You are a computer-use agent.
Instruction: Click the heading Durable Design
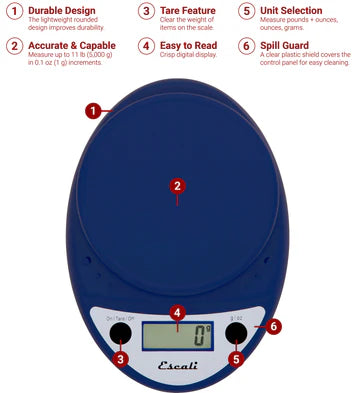61,11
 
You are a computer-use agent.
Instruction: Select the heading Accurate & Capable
72,46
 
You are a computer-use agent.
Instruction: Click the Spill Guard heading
284,46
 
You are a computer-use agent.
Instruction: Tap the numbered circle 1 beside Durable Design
14,12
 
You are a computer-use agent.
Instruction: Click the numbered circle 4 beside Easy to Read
146,46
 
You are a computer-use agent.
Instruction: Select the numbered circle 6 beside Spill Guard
245,46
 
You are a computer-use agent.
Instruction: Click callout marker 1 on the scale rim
93,110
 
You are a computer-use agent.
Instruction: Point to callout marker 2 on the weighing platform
177,185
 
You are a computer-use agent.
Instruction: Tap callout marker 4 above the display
177,312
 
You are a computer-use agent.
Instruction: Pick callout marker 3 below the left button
120,358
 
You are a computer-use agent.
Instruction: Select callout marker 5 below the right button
236,358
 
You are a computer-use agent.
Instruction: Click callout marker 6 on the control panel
274,326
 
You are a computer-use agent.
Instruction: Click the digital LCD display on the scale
177,335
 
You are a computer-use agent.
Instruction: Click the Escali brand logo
177,369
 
